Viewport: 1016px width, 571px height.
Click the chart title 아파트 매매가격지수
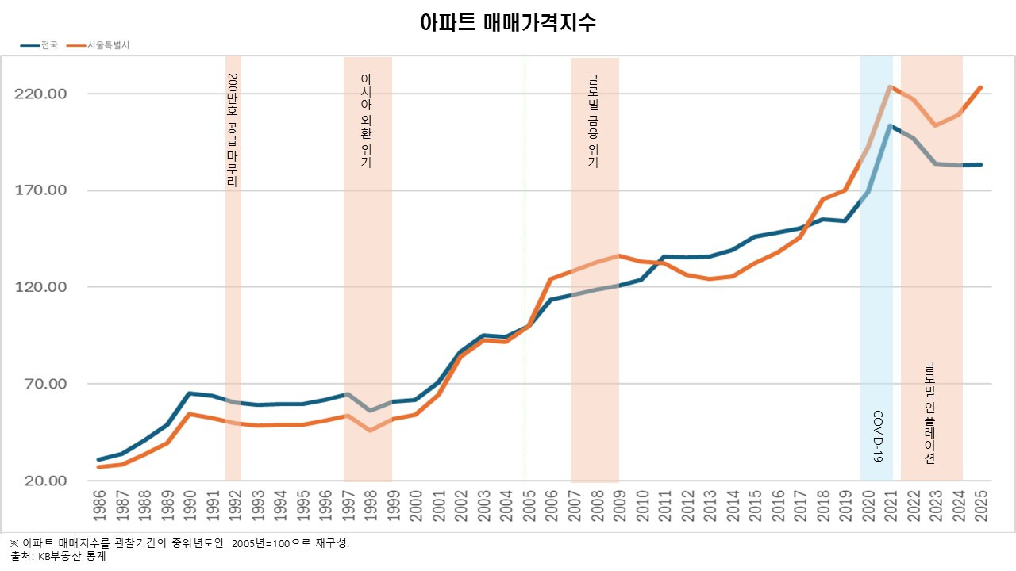pyautogui.click(x=508, y=22)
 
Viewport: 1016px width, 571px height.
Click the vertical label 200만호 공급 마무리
pyautogui.click(x=232, y=130)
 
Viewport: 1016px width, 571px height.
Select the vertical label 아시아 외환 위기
pyautogui.click(x=366, y=121)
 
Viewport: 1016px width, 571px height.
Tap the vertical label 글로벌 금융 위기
pyautogui.click(x=593, y=121)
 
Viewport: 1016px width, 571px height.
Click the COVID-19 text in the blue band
pyautogui.click(x=878, y=436)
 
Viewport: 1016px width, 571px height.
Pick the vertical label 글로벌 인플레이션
pyautogui.click(x=930, y=412)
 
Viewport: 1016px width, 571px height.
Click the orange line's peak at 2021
pyautogui.click(x=890, y=86)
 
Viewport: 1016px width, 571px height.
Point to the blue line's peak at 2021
pyautogui.click(x=890, y=125)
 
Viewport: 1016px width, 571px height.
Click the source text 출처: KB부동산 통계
pyautogui.click(x=57, y=557)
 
